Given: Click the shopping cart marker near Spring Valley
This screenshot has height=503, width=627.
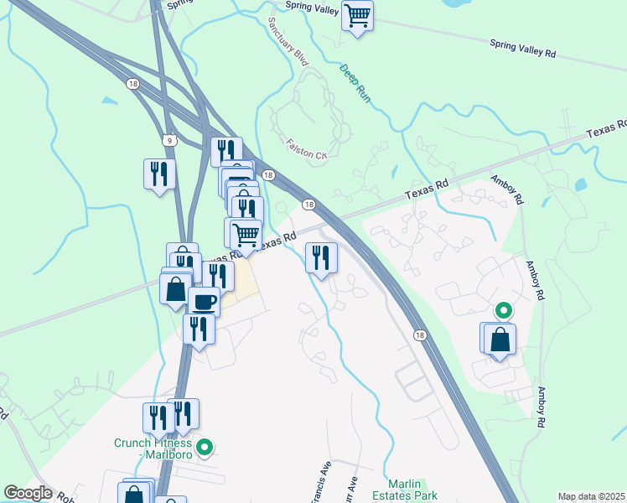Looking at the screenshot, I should click(x=358, y=16).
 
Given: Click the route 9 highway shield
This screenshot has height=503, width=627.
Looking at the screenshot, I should click(x=170, y=141).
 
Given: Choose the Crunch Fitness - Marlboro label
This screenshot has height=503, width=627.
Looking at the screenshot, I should click(x=153, y=449).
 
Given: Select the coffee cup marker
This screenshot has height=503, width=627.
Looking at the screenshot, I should click(x=203, y=300).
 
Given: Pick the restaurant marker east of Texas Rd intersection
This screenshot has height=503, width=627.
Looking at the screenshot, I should click(x=320, y=257).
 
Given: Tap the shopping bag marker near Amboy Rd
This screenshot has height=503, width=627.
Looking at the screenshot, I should click(x=500, y=340).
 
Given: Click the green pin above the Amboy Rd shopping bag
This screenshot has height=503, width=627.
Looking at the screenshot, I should click(x=503, y=310).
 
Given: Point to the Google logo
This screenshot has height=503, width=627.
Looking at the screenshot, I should click(x=28, y=493).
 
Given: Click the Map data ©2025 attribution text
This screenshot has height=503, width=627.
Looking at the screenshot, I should click(x=592, y=496).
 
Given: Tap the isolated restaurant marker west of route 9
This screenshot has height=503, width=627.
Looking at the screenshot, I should click(x=159, y=174).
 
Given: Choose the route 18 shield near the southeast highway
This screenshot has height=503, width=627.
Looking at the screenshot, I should click(x=419, y=334).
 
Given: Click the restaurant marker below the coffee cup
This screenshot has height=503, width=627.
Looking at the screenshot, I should click(x=199, y=329).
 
